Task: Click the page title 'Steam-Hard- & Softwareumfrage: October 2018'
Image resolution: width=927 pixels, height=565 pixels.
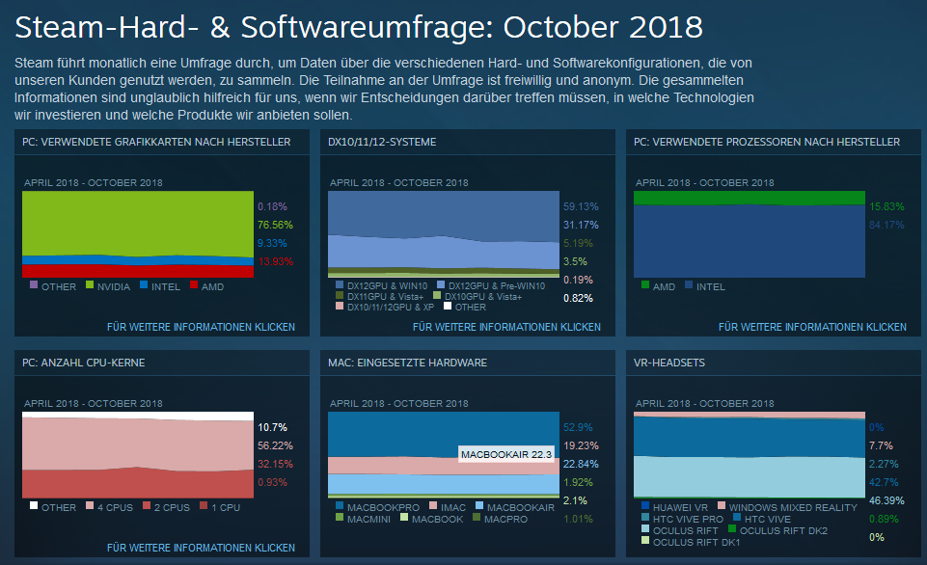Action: click(x=358, y=26)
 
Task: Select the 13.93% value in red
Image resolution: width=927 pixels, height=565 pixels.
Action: click(x=275, y=261)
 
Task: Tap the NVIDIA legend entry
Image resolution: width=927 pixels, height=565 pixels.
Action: click(x=111, y=286)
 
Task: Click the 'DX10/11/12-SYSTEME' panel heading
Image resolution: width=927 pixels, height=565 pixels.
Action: click(x=382, y=142)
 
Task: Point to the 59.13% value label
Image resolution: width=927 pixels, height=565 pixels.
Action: click(x=581, y=205)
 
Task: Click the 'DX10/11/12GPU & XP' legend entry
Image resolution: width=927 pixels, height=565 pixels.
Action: click(x=387, y=307)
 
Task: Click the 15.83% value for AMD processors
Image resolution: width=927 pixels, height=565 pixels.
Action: click(x=886, y=206)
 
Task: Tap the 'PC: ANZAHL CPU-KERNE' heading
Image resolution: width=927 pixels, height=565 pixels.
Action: click(x=85, y=363)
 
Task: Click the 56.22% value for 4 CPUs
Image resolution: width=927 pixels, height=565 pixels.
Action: click(x=275, y=445)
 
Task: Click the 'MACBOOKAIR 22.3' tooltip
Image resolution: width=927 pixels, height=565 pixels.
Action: click(x=505, y=453)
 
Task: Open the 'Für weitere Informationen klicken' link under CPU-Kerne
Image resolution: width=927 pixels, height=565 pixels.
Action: click(x=201, y=548)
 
